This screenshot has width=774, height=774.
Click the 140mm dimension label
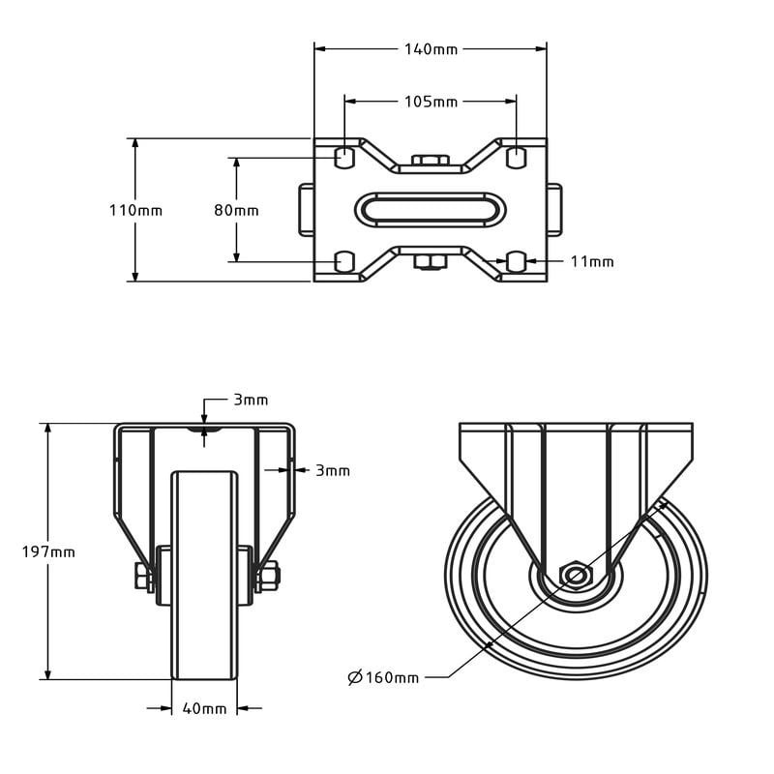[x=431, y=49]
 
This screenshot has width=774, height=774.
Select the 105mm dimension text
[x=431, y=102]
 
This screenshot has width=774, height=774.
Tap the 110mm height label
[x=135, y=210]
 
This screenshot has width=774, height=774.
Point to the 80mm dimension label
[x=236, y=210]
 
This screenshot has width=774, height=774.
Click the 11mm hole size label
[x=592, y=261]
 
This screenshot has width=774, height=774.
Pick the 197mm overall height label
[x=48, y=551]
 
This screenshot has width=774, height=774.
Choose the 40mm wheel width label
[x=204, y=708]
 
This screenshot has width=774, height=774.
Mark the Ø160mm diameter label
[x=383, y=676]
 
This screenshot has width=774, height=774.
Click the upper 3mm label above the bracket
[x=251, y=400]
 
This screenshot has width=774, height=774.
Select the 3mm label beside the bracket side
[x=333, y=470]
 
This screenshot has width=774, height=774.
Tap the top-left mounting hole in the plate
[x=344, y=157]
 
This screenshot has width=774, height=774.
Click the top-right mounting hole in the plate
[x=517, y=157]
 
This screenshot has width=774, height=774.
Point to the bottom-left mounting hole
[x=344, y=261]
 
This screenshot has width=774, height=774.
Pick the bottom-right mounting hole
[x=517, y=261]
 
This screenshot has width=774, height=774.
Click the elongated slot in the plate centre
[x=430, y=210]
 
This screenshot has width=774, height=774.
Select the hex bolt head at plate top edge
[x=431, y=161]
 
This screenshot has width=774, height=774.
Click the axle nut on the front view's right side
[x=269, y=577]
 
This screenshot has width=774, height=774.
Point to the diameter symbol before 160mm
[x=355, y=676]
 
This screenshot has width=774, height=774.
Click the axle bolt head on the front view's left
[x=143, y=577]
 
